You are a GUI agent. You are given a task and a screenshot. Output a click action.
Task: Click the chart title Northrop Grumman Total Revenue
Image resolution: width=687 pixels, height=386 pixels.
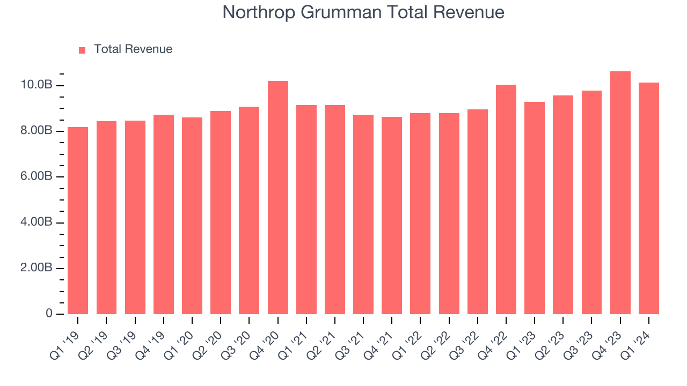coord(363,12)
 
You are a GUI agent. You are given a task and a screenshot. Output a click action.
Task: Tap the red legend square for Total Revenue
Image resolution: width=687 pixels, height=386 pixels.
coord(82,50)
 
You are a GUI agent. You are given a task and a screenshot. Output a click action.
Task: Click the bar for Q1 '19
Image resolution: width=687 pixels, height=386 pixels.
coord(78,220)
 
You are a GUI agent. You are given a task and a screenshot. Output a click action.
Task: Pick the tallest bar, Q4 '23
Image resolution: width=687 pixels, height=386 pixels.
coord(620,192)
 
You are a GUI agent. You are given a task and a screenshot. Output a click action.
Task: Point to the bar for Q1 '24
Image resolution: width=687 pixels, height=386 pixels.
coord(649,198)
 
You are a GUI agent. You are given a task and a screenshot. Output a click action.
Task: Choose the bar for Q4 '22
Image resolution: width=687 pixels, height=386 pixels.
coord(506,199)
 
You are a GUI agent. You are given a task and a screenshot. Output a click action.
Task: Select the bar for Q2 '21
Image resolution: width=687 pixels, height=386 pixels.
coord(335,210)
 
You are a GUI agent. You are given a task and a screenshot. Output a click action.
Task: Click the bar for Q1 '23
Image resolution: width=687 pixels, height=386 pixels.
coord(535,208)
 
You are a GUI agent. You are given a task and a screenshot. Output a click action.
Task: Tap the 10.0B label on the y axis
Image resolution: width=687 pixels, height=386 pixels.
coord(36,85)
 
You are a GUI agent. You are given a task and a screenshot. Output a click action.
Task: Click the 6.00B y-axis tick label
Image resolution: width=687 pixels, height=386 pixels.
coord(36,177)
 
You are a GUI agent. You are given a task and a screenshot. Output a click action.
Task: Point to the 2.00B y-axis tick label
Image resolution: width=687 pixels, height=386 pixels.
coord(36,268)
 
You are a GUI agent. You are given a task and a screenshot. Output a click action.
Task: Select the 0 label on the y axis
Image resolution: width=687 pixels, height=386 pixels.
coord(49,314)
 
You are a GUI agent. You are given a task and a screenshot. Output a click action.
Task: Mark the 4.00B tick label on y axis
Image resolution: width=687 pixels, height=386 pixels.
coord(36,222)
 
